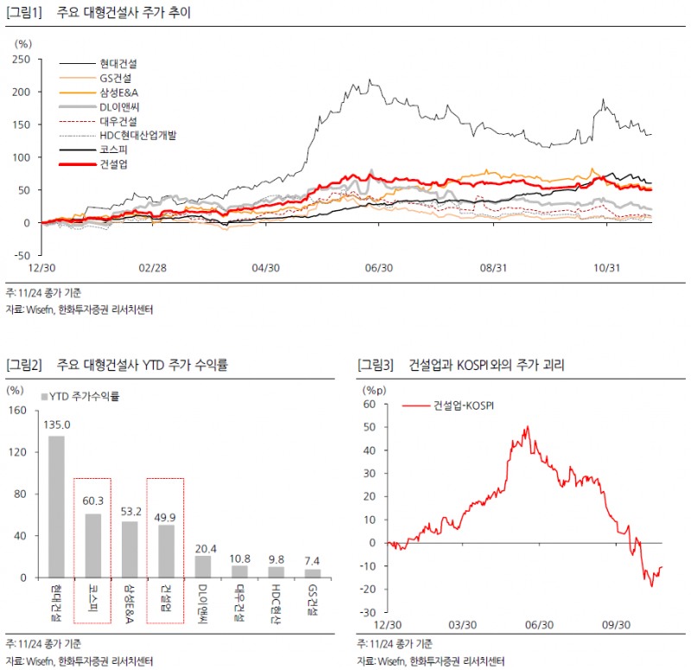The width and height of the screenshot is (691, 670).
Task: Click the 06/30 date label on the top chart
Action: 379,268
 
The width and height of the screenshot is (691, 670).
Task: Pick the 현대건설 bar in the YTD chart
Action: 56,506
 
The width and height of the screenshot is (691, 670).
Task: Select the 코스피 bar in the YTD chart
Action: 92,546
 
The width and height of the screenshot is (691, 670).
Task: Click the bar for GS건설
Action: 312,572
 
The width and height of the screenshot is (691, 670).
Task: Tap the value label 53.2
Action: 129,512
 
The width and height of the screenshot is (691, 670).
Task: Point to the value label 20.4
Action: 202,546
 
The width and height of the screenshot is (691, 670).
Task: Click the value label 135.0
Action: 56,424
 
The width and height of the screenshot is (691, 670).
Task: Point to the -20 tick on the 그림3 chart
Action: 370,590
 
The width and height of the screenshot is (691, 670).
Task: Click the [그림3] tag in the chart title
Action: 375,366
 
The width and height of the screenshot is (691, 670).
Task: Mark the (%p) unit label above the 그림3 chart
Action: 373,390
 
